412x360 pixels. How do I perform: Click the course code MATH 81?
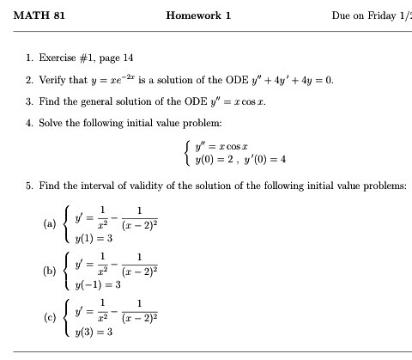pos(39,15)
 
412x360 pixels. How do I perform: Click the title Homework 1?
pos(198,15)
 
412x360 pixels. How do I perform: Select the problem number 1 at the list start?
pos(29,58)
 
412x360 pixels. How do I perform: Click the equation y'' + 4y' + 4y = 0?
pos(286,80)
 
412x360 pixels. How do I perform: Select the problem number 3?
pos(29,101)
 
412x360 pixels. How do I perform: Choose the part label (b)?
pos(49,270)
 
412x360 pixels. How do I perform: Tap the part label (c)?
pos(49,316)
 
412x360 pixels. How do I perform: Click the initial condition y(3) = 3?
pos(89,331)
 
